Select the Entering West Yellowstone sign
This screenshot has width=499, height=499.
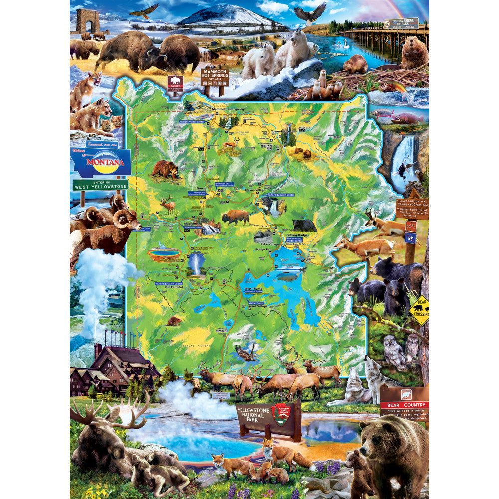pos(100,185)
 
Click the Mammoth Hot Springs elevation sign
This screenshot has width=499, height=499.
pos(215,77)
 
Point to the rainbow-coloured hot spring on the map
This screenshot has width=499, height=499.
pos(165,253)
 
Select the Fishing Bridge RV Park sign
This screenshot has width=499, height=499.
pos(401,23)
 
